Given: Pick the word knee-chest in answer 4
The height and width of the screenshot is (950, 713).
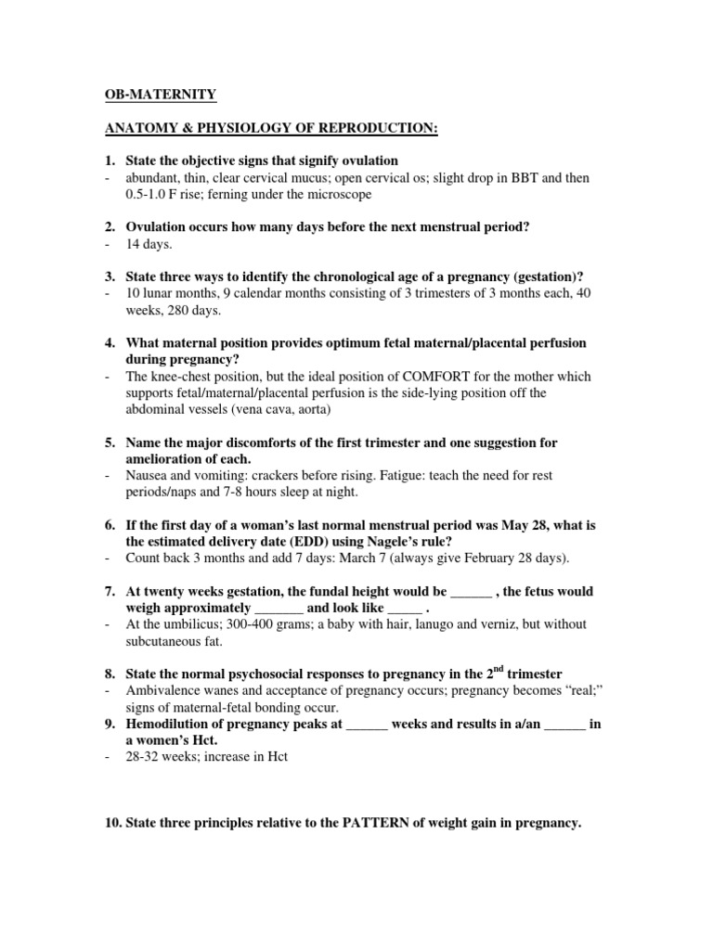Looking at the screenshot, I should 179,377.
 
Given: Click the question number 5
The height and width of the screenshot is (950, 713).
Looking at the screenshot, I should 108,443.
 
